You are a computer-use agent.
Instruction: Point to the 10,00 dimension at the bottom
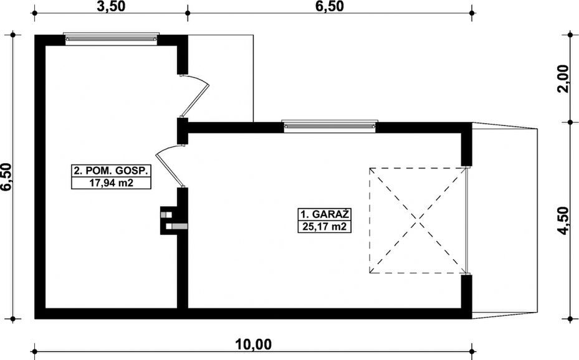(253, 343)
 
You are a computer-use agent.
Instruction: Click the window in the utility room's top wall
(112, 39)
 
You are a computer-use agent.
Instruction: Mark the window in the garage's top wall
(330, 126)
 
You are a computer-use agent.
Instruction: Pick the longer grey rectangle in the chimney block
(179, 225)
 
